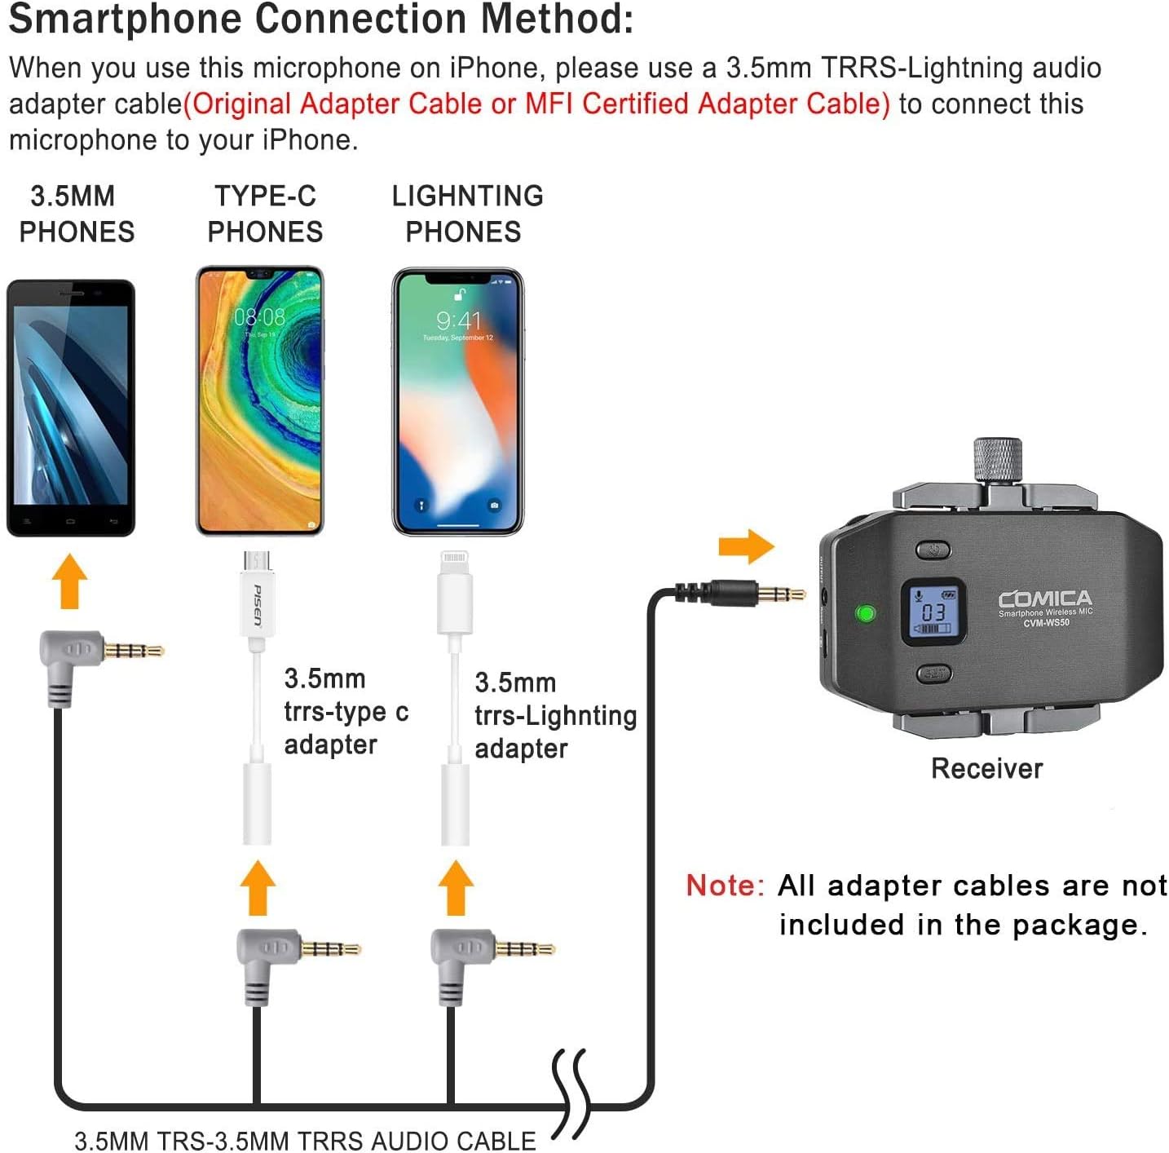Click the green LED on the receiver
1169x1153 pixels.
pyautogui.click(x=865, y=612)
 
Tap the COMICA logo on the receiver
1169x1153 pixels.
pyautogui.click(x=1044, y=599)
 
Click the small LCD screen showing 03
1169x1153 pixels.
pyautogui.click(x=933, y=612)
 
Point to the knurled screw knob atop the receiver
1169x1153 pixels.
pyautogui.click(x=997, y=461)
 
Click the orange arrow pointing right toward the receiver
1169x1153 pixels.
pyautogui.click(x=745, y=546)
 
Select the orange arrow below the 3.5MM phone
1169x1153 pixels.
pyautogui.click(x=69, y=581)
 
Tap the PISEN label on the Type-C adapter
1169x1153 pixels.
pyautogui.click(x=258, y=605)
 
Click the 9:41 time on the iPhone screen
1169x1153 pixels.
pyautogui.click(x=458, y=320)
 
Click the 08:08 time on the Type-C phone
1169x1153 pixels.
pyautogui.click(x=259, y=317)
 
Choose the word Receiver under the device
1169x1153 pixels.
pyautogui.click(x=986, y=768)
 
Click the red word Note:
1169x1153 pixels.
pyautogui.click(x=725, y=886)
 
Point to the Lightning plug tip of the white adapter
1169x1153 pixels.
pyautogui.click(x=455, y=562)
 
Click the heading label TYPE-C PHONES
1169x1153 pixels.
pyautogui.click(x=265, y=214)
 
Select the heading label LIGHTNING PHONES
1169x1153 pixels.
pyautogui.click(x=466, y=214)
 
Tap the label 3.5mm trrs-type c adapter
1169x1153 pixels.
pyautogui.click(x=346, y=711)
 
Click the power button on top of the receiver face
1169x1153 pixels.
pyautogui.click(x=933, y=550)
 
